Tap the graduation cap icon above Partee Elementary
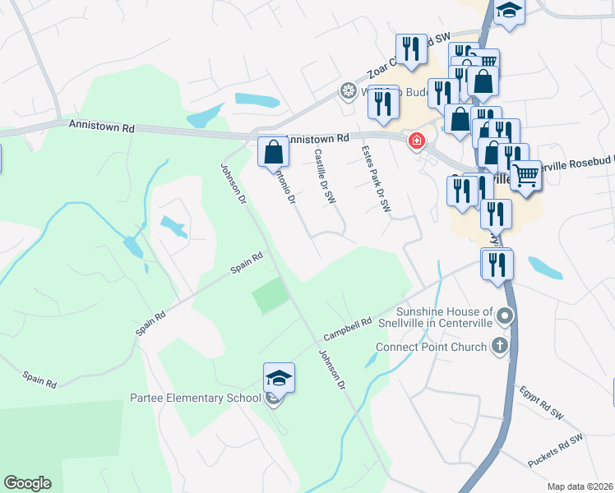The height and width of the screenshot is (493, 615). coord(279,379)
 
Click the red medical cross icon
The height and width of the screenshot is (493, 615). coord(417,141)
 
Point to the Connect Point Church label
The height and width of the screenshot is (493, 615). coord(432,347)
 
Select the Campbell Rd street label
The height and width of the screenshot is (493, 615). coord(348,330)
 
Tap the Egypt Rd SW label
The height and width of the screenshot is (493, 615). coord(540,400)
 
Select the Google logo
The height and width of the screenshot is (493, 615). coord(27,483)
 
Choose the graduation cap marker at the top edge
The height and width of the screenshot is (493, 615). coord(510,12)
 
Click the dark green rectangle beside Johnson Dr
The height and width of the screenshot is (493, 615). coord(271,296)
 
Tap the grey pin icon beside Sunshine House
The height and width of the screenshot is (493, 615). coord(506,316)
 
